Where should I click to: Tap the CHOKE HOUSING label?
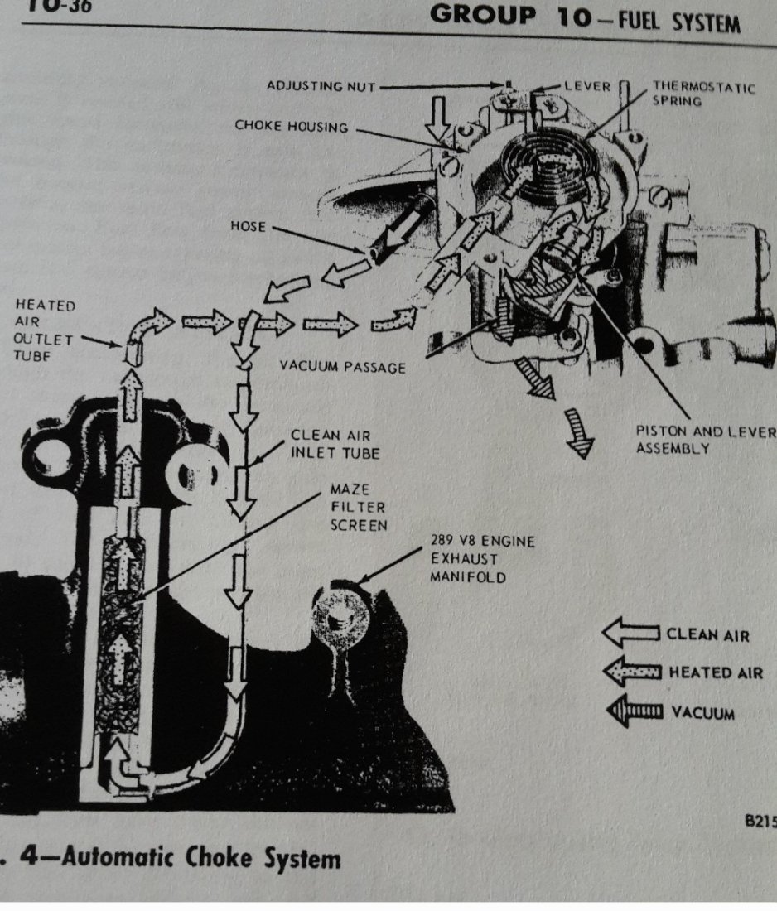(x=290, y=127)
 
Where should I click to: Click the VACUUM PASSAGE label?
(x=342, y=366)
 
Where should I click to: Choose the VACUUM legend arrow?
(x=634, y=711)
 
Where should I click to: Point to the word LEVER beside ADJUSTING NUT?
(x=587, y=86)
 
